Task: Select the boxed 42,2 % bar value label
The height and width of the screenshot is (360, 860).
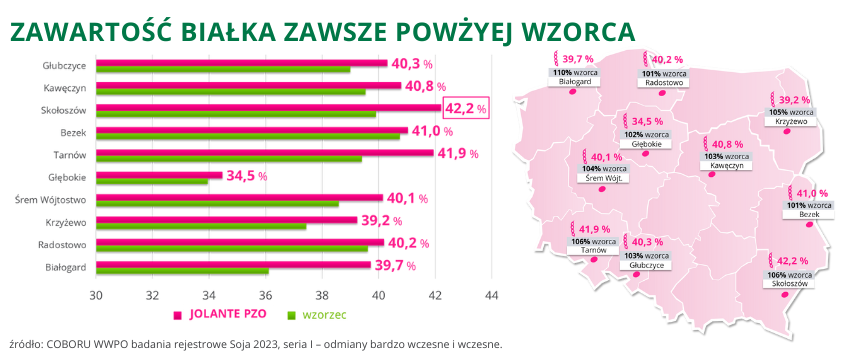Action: (465, 107)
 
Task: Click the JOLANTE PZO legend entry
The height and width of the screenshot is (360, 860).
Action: (229, 315)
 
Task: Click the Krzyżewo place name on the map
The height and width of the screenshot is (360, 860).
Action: (790, 121)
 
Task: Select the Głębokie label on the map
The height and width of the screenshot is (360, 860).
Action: (645, 143)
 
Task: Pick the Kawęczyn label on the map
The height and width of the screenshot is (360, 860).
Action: (727, 166)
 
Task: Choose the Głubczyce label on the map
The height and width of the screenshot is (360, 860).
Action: (644, 265)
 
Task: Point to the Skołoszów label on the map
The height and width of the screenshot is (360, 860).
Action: (790, 283)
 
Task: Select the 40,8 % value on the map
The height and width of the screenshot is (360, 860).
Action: (727, 144)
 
